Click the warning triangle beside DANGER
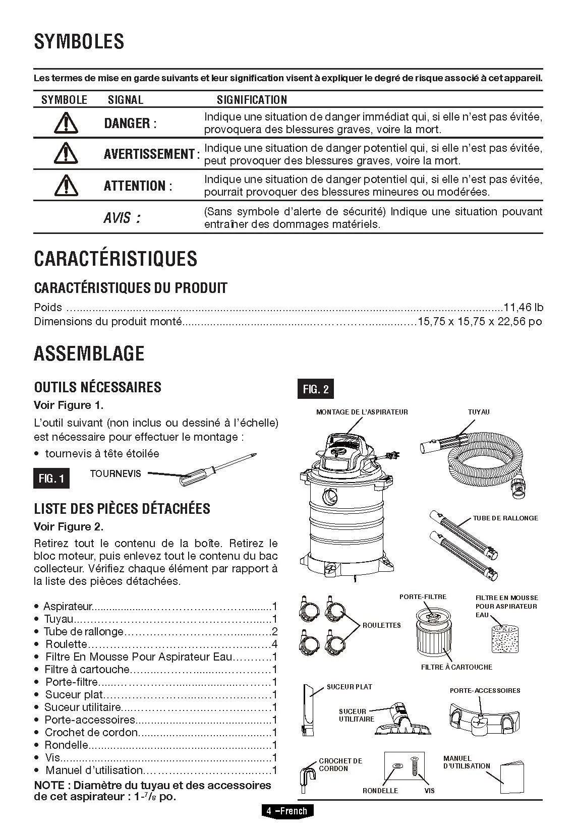(x=65, y=123)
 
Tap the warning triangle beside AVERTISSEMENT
(x=65, y=153)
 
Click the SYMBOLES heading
(x=79, y=41)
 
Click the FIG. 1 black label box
(x=51, y=478)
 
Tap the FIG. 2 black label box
(x=315, y=389)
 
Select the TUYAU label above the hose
(x=479, y=412)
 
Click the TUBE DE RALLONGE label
(x=505, y=518)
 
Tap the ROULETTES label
(x=381, y=625)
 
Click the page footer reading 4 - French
(x=286, y=811)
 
